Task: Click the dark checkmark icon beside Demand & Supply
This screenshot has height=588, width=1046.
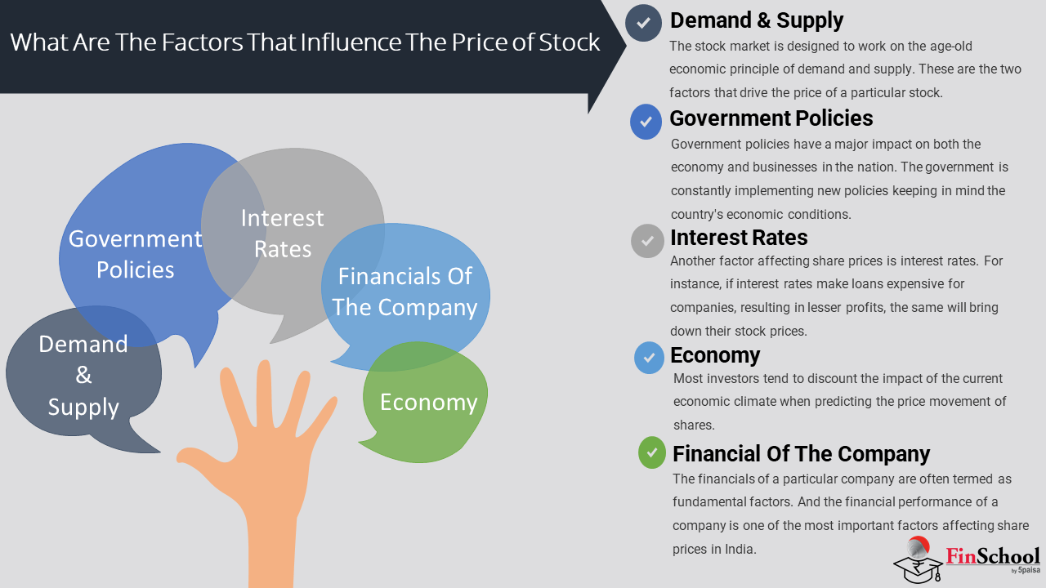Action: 643,23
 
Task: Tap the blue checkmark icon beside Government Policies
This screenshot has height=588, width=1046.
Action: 646,122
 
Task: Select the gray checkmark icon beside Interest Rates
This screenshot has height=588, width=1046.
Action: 647,241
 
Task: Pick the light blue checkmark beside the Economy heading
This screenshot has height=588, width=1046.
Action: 649,358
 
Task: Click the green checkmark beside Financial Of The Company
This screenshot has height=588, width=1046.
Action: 652,452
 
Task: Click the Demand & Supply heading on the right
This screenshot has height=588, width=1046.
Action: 757,20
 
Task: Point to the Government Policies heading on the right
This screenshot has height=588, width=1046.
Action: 771,118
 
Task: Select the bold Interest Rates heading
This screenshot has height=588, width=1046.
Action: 739,238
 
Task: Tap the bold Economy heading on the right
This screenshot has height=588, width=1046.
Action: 715,355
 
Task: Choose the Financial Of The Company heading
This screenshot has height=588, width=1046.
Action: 802,454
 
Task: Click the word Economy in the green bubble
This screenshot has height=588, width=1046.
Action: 429,403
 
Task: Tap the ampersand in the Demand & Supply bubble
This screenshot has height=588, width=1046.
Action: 83,375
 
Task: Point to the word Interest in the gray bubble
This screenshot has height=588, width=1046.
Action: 283,218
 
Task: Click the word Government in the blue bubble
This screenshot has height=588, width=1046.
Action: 136,239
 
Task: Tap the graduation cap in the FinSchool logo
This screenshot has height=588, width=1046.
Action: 917,568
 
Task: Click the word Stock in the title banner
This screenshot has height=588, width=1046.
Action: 570,42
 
